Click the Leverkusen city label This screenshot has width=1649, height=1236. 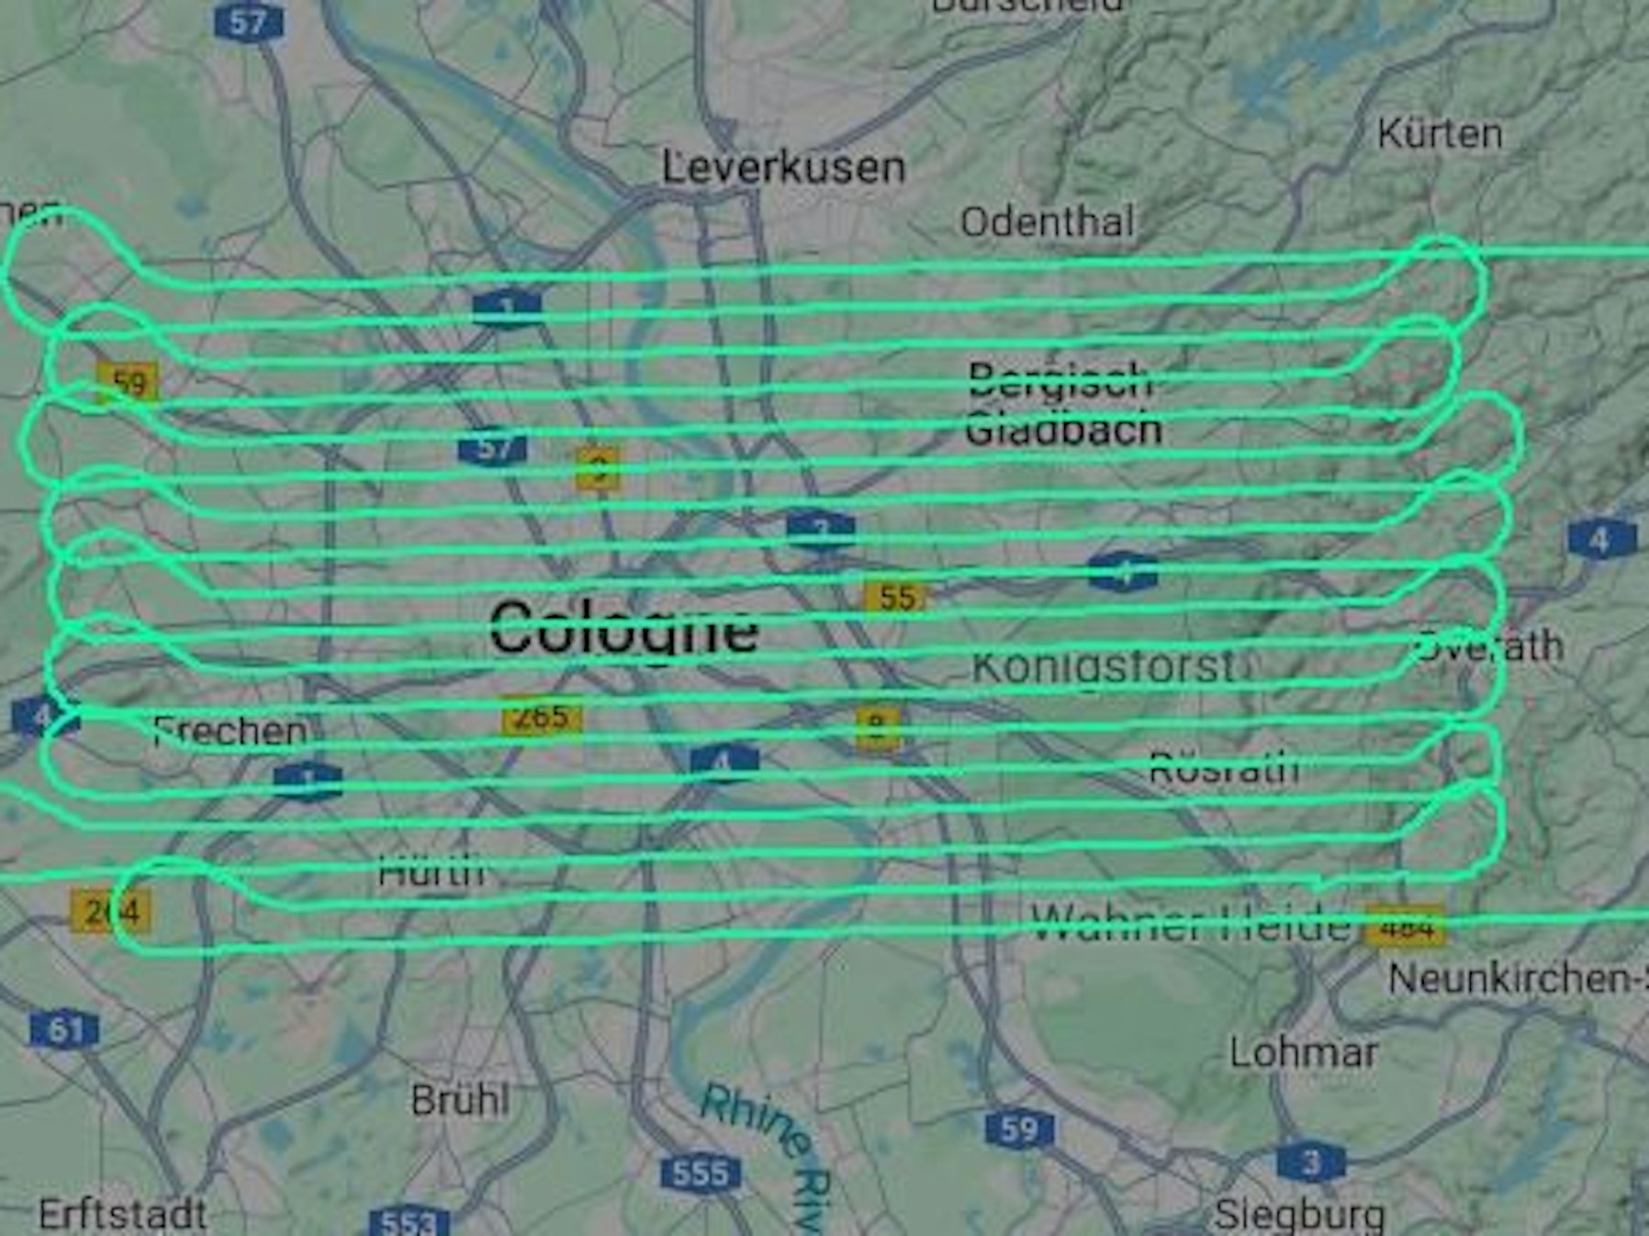click(783, 168)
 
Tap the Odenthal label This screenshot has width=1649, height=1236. click(1047, 222)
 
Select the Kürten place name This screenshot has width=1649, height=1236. click(1440, 135)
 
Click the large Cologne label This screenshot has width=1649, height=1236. click(623, 629)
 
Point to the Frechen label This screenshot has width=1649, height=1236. click(230, 731)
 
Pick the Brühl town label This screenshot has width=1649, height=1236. click(459, 1100)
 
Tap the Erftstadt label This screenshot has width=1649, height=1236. click(123, 1215)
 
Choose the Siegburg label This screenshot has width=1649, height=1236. click(1299, 1216)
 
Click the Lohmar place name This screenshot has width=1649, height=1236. click(1304, 1052)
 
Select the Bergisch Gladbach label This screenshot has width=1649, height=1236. click(1063, 405)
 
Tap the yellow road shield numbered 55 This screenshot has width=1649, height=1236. click(896, 597)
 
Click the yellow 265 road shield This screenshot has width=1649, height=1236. click(542, 716)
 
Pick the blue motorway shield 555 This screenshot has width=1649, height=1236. click(700, 1173)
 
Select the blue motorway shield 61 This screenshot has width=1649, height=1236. click(64, 1029)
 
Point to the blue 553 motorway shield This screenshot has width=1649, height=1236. click(409, 1222)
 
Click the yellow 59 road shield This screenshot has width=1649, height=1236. click(128, 382)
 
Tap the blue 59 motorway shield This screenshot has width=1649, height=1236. click(1018, 1129)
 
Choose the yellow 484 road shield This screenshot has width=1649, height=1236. click(1405, 927)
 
